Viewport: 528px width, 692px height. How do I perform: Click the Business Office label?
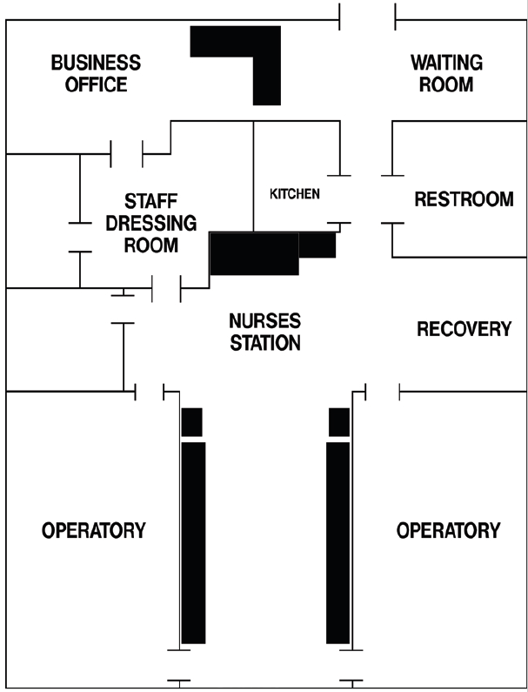[x=97, y=73]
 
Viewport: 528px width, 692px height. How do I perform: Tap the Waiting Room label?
[x=446, y=73]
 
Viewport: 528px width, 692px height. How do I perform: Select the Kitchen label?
[x=295, y=194]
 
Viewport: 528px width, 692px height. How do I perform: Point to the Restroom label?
[x=464, y=199]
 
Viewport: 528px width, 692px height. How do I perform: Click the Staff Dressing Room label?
[x=150, y=223]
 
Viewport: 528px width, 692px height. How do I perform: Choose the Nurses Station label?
[x=265, y=332]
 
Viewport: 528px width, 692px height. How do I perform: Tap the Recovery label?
[x=464, y=329]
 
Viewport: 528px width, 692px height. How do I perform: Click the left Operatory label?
[x=94, y=530]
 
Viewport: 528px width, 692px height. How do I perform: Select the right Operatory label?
[x=448, y=530]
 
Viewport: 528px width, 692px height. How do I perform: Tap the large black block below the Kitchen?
[x=254, y=253]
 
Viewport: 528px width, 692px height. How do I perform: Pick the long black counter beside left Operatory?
[x=193, y=543]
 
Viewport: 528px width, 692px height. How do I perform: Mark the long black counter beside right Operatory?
[x=338, y=543]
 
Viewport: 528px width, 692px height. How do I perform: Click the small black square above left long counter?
[x=192, y=422]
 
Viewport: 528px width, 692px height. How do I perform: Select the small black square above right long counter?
[x=339, y=422]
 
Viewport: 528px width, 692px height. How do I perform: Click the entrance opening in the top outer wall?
[x=367, y=20]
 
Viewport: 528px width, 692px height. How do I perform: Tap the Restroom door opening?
[x=392, y=199]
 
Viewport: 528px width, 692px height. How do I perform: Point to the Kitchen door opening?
[x=339, y=199]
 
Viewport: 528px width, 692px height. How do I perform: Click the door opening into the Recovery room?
[x=383, y=392]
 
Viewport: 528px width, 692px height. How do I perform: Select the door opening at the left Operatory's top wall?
[x=150, y=392]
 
